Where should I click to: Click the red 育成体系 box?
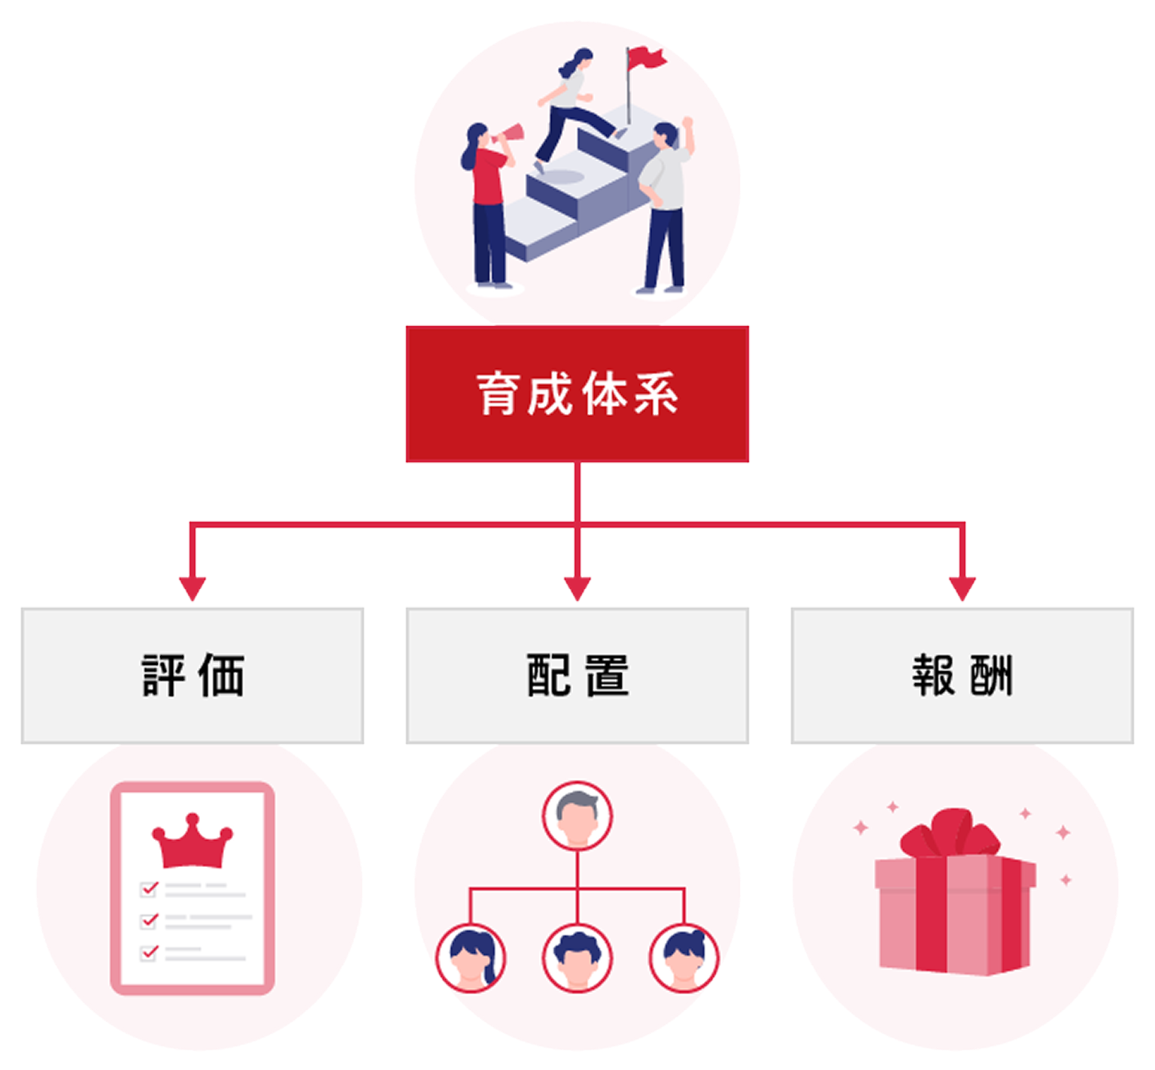(577, 394)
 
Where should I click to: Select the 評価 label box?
(192, 676)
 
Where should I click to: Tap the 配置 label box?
(577, 676)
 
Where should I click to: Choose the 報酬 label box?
(962, 676)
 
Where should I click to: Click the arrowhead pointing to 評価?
(192, 588)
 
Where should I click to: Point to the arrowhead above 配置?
(577, 588)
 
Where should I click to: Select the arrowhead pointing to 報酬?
(962, 588)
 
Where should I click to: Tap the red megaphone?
(509, 137)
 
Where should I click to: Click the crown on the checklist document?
(192, 841)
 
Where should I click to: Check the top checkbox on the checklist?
(149, 889)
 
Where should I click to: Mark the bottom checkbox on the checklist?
(149, 953)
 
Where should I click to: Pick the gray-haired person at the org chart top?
(577, 816)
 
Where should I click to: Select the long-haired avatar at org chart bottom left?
(471, 959)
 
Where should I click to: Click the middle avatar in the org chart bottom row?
(577, 959)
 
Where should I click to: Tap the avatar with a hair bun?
(684, 959)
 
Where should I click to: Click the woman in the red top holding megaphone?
(487, 203)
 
